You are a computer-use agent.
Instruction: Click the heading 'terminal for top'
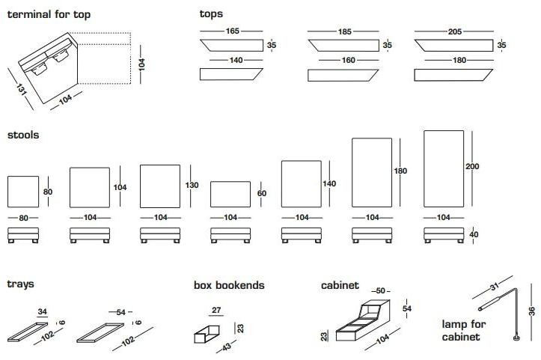[x=49, y=14]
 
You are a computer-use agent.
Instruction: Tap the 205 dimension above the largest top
[x=455, y=31]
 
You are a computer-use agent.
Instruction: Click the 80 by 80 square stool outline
[x=22, y=192]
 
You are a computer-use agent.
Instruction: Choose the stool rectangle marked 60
[x=231, y=192]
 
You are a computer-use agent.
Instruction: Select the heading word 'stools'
[x=23, y=135]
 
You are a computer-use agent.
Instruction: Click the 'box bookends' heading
[x=229, y=285]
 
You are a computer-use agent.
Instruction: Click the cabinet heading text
[x=340, y=285]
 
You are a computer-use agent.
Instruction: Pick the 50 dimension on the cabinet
[x=380, y=290]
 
